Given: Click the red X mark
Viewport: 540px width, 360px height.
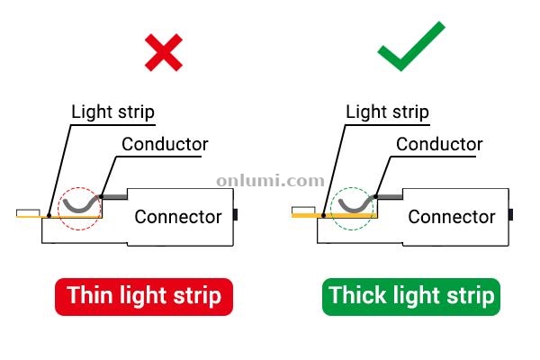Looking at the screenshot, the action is tap(164, 52).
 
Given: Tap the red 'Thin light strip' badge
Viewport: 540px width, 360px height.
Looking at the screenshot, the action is tap(144, 296).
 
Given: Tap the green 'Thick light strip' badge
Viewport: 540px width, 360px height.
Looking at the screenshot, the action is tap(411, 296).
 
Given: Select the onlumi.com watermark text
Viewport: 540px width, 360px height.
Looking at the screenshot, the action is tap(270, 181).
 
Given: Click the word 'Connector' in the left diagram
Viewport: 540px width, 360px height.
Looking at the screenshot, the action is tap(178, 217).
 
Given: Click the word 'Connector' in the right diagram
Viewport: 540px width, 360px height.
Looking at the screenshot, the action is tap(452, 217).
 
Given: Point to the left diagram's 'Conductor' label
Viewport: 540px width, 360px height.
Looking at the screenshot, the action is tap(165, 144).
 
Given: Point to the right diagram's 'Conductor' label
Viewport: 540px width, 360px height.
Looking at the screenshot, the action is tap(439, 144).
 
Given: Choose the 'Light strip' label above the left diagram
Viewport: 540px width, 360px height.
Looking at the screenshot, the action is tap(113, 112).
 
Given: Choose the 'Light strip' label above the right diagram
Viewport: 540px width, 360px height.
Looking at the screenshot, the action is tap(387, 112).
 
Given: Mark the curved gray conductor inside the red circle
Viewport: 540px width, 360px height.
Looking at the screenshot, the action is tap(80, 210).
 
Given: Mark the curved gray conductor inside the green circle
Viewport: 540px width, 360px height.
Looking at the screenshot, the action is tap(355, 210).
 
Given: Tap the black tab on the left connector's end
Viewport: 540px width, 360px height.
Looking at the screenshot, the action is tap(236, 214).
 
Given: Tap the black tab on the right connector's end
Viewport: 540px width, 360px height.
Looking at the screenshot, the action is tap(510, 214).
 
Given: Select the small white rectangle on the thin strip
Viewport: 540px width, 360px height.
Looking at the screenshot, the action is tap(28, 212).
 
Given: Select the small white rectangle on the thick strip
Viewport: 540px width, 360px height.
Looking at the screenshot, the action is tap(303, 210).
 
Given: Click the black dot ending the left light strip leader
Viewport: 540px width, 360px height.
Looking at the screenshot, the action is tap(49, 216).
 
